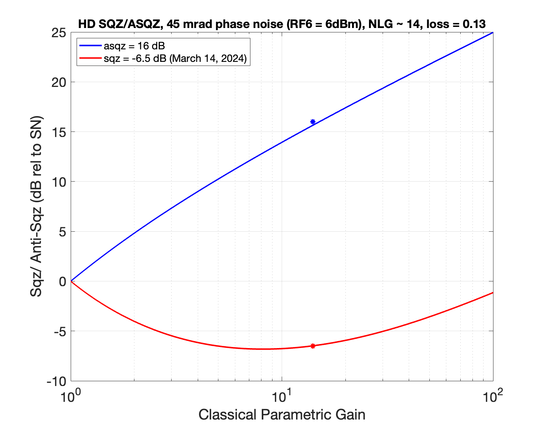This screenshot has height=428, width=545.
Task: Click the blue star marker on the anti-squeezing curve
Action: click(x=313, y=122)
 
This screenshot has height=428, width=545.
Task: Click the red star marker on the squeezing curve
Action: click(x=313, y=346)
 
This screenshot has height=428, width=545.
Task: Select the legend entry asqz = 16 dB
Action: click(x=134, y=46)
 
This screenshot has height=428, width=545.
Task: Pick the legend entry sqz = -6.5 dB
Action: click(x=175, y=58)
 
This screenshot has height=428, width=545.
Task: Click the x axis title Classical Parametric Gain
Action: click(x=282, y=415)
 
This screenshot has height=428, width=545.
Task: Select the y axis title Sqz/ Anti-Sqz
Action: click(x=37, y=206)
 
